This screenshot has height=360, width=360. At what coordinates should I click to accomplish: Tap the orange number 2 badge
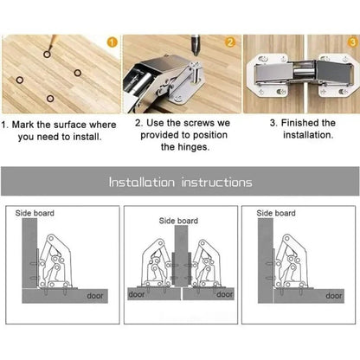[x=230, y=41]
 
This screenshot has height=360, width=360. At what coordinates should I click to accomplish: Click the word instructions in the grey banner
[x=216, y=183]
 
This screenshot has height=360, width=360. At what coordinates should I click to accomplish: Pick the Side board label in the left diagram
[x=35, y=212]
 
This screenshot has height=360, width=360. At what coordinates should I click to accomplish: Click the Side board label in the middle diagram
[x=177, y=221]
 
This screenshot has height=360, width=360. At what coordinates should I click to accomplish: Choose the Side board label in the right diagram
[x=276, y=212]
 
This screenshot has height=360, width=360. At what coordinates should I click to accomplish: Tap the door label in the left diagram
[x=97, y=295]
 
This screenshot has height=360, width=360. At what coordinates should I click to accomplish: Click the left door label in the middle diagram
[x=137, y=294]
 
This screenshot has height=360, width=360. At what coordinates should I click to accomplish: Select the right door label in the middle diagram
[x=225, y=294]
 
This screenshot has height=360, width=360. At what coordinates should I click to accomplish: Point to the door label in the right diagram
[x=332, y=294]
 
